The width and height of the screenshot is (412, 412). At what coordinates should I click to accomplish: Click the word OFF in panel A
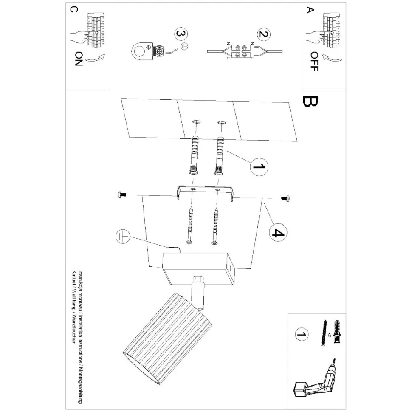tap(313, 62)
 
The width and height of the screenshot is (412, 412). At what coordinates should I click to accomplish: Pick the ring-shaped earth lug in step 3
tap(140, 51)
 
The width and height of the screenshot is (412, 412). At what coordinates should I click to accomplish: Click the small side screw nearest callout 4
tap(285, 198)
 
